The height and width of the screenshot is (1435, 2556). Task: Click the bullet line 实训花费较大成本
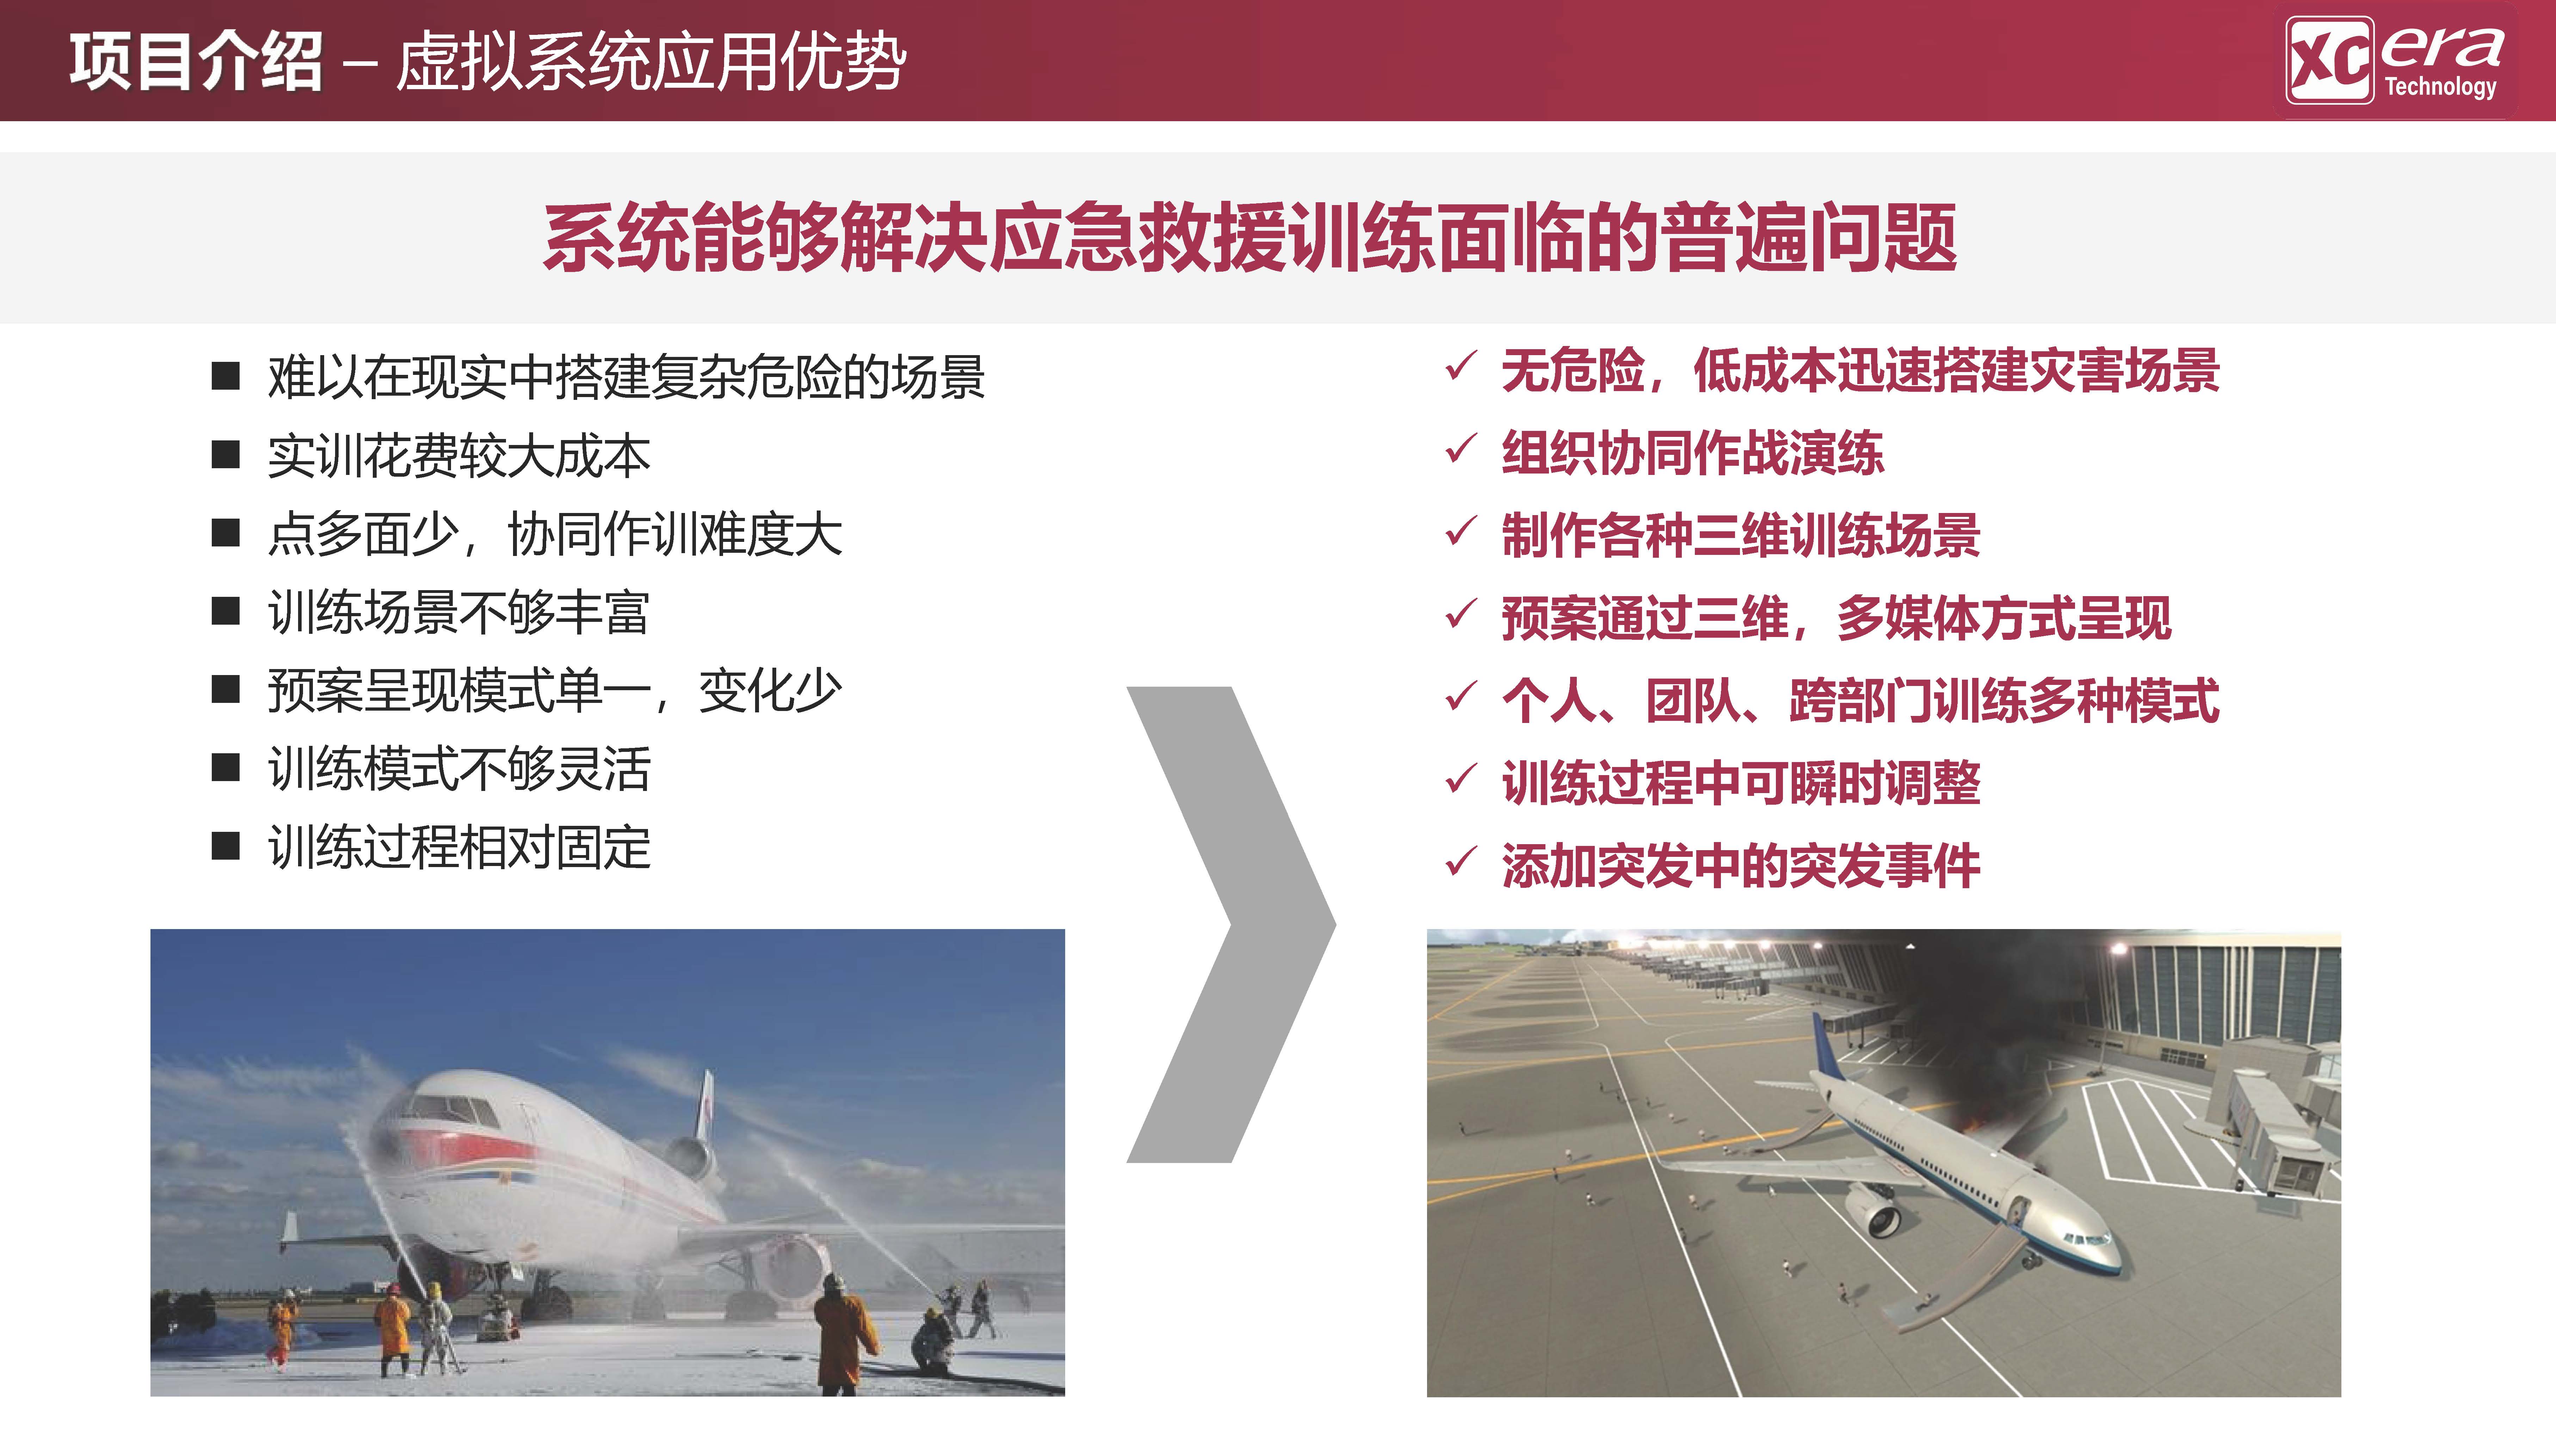[458, 456]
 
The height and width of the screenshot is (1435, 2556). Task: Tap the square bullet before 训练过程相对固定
[226, 847]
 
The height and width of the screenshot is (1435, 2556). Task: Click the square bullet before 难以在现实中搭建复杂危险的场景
[226, 376]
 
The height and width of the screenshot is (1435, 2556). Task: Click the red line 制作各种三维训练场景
[1740, 535]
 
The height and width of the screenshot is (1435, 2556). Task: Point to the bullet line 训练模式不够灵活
[458, 768]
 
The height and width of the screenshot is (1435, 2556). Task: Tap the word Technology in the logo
[2440, 86]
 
